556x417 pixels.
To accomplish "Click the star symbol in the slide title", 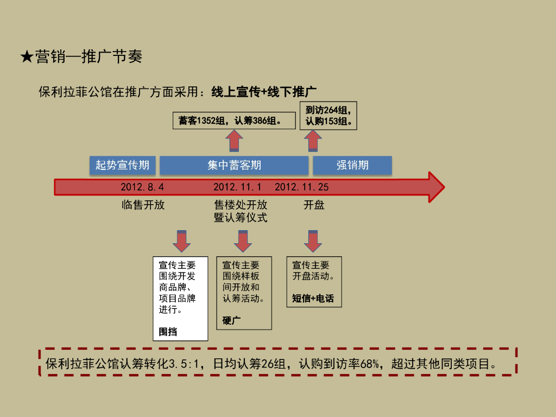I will [x=27, y=56].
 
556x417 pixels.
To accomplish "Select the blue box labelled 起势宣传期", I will [x=122, y=165].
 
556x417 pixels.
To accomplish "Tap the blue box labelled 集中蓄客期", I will [x=234, y=165].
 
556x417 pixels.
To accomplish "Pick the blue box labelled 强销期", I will [x=352, y=165].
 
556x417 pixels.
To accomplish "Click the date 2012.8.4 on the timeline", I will [x=142, y=187].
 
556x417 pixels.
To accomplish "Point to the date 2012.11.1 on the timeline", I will [x=237, y=187].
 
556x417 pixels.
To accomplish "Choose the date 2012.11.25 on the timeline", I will [x=301, y=187].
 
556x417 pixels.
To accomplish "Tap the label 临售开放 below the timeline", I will [x=143, y=205].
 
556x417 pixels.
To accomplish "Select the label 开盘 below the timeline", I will [x=314, y=205].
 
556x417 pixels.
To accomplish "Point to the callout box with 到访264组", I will [x=328, y=116].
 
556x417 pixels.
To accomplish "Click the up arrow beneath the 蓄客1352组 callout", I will [x=234, y=142].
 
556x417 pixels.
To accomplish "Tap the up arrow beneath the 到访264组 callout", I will [x=313, y=142].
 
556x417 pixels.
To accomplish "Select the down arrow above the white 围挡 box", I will [x=181, y=241].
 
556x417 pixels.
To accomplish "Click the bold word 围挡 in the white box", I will [x=168, y=332].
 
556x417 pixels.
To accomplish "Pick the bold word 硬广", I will [x=231, y=320].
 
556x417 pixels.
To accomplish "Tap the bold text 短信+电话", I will [x=313, y=298].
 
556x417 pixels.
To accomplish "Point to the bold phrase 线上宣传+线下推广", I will [x=264, y=92].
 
